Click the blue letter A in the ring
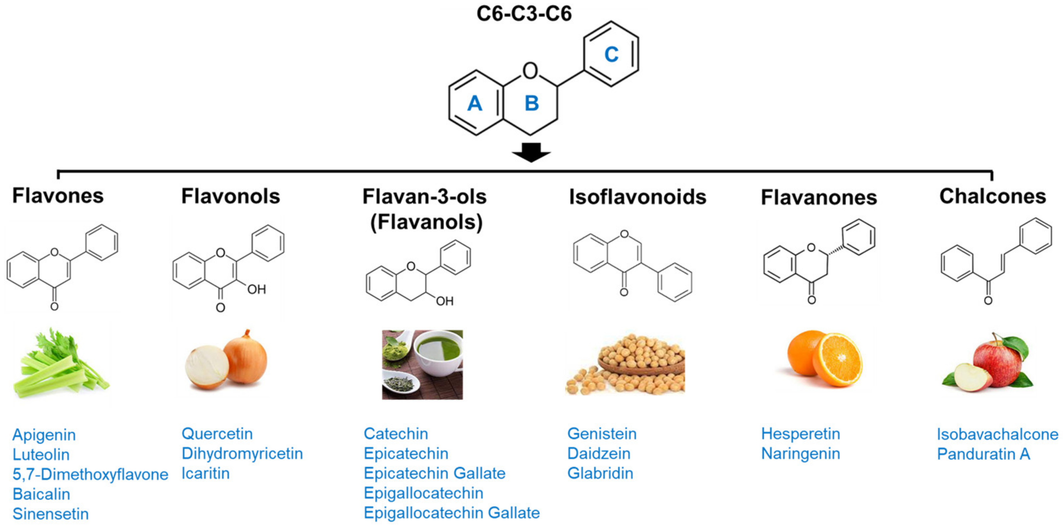pos(474,103)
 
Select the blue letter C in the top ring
pos(611,55)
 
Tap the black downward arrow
pos(531,152)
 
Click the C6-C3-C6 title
pos(524,14)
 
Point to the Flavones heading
pos(58,196)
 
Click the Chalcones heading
pos(992,196)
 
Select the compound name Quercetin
pos(217,434)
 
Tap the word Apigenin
pos(44,435)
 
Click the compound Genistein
pos(602,434)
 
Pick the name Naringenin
pos(800,453)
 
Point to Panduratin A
pos(983,454)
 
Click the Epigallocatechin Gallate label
pos(451,513)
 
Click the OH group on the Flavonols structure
pos(256,289)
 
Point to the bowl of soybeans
pos(639,367)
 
